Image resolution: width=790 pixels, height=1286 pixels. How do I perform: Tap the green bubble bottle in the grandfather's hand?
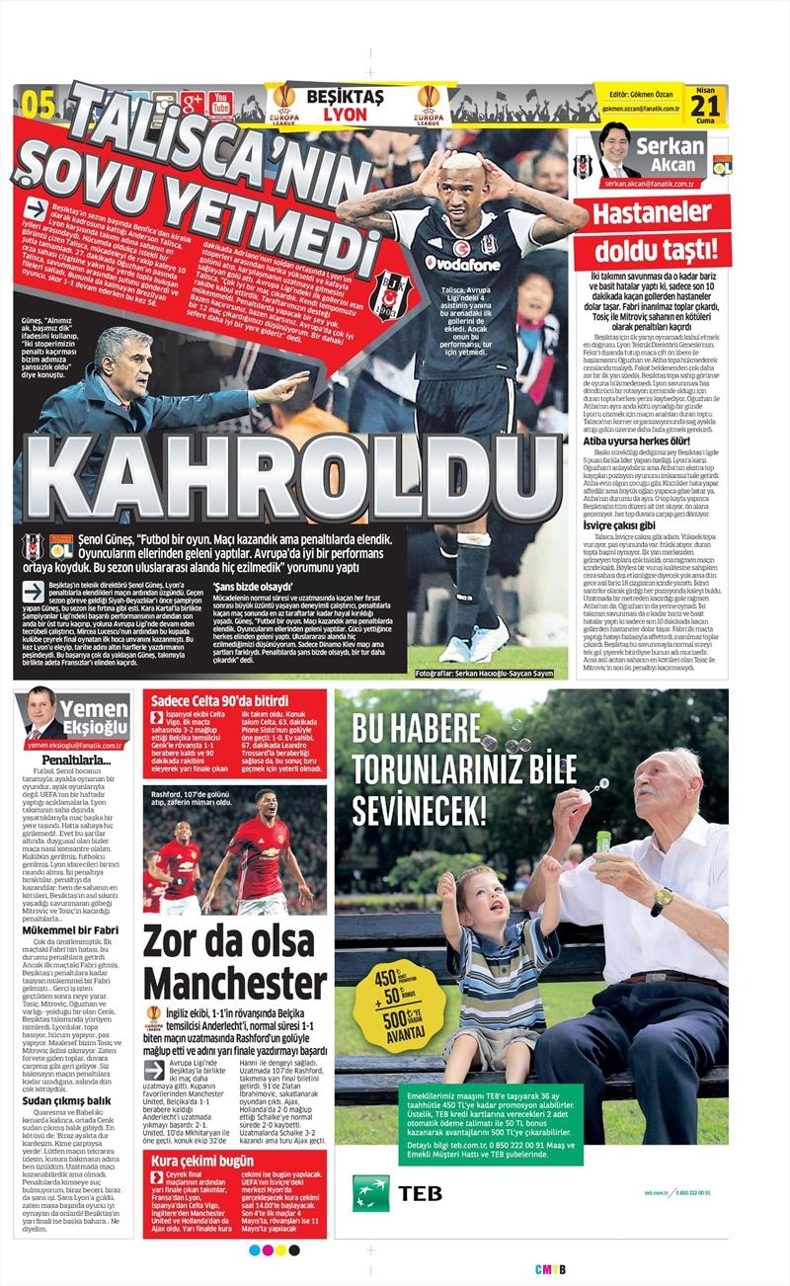602,841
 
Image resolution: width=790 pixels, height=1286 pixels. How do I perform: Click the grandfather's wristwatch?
660,901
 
